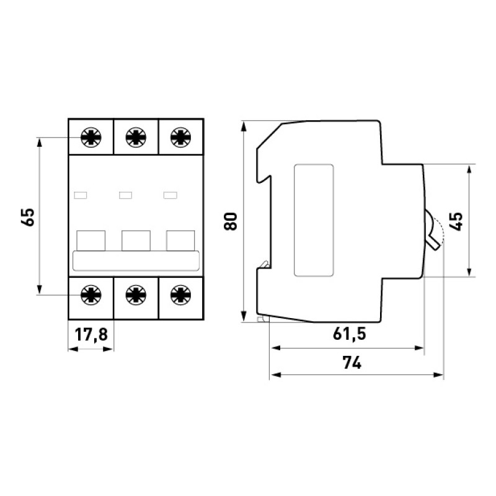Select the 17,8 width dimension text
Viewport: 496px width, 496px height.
coord(91,334)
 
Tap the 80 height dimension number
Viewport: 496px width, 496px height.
coord(231,221)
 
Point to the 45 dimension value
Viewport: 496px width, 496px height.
coord(456,221)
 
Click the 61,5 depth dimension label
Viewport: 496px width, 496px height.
coord(349,334)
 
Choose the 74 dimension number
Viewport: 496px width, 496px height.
coord(352,363)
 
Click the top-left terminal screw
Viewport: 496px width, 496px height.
coord(91,137)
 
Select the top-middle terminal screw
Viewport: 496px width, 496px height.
coord(136,137)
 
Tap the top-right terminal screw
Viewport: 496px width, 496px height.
coord(180,137)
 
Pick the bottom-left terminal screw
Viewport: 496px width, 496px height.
coord(91,295)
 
